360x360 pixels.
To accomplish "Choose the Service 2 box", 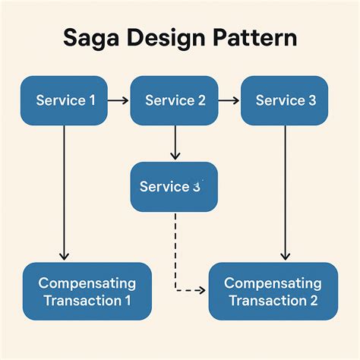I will coord(175,100).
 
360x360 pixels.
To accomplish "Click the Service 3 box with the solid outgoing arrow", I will coord(285,100).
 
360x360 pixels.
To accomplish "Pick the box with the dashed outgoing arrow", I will coord(174,187).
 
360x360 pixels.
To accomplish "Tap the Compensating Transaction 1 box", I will coord(87,292).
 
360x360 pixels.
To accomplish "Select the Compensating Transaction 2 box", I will coord(273,292).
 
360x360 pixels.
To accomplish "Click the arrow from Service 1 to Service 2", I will coord(118,100).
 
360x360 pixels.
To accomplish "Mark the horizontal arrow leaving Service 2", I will coord(229,100).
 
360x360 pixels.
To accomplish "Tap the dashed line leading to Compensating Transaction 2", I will coord(175,251).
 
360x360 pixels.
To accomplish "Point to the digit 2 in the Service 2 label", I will coord(201,100).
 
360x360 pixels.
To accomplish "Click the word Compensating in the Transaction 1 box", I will coord(87,283).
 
